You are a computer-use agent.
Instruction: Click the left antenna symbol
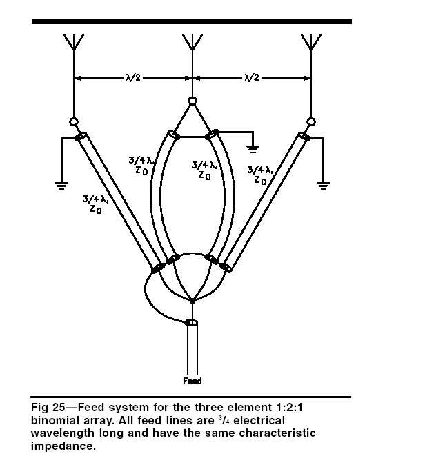(74, 42)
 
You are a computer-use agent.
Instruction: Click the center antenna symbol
(193, 42)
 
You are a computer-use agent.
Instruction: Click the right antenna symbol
(311, 42)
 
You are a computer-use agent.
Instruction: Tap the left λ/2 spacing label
(133, 78)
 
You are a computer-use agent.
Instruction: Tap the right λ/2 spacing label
(252, 78)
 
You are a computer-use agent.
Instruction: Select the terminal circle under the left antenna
(74, 121)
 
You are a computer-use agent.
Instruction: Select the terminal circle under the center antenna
(193, 101)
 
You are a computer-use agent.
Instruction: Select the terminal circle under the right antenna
(311, 121)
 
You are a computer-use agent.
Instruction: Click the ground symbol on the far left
(61, 186)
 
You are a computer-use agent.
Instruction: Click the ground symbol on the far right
(323, 186)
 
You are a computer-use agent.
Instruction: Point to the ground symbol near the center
(253, 149)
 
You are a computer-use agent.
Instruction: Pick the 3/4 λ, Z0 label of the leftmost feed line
(95, 204)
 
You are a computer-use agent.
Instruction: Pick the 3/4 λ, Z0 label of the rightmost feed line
(260, 175)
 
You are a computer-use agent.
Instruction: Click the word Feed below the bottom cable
(193, 381)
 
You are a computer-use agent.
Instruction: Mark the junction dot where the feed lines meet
(193, 301)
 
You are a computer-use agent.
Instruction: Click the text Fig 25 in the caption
(48, 408)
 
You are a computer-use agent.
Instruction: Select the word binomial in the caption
(53, 421)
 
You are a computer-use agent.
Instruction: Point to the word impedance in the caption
(63, 446)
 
